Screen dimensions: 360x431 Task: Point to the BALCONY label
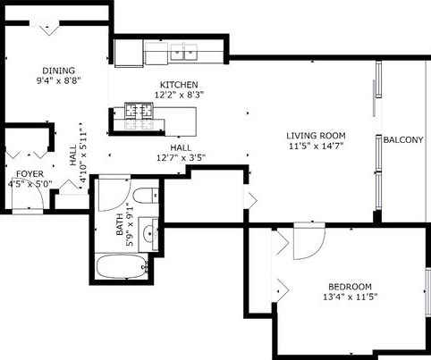click(402, 140)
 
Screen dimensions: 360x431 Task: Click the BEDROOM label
click(350, 286)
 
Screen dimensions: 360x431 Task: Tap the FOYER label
click(30, 173)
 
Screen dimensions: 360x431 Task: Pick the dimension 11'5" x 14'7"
click(315, 146)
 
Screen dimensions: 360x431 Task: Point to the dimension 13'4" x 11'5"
click(350, 297)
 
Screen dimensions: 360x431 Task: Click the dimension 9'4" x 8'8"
click(59, 81)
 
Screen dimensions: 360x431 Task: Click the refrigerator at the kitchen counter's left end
click(128, 54)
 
